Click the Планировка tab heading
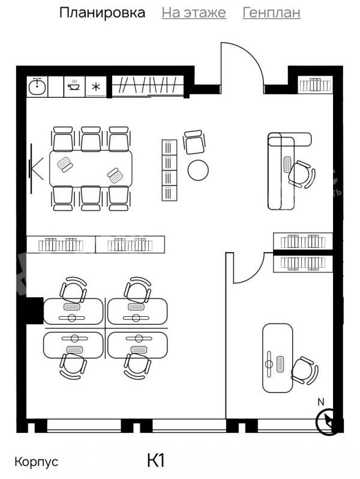(x=102, y=13)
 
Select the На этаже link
(x=194, y=13)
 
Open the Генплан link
(x=271, y=13)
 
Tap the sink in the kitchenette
(x=37, y=87)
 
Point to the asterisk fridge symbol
(x=96, y=87)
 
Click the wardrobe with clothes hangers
(x=148, y=86)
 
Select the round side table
(x=198, y=170)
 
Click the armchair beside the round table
(x=194, y=142)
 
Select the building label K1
(x=156, y=460)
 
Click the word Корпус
(x=37, y=462)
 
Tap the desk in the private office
(x=278, y=358)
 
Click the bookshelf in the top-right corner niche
(x=315, y=84)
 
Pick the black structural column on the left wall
(x=34, y=310)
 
